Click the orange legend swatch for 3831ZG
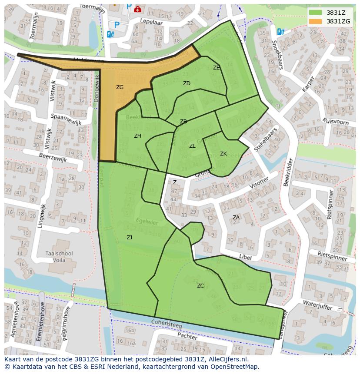[x=316, y=21]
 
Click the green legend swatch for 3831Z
[x=316, y=13]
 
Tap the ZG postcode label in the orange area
[x=120, y=87]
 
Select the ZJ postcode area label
[x=129, y=237]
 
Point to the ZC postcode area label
[x=200, y=285]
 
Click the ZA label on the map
[x=236, y=217]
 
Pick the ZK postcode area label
[x=223, y=154]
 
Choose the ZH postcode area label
[x=137, y=136]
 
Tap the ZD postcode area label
[x=187, y=83]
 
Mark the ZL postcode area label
[x=192, y=146]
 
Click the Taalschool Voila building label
[x=62, y=257]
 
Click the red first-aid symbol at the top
[x=138, y=8]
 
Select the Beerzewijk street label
[x=53, y=157]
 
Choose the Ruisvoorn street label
[x=335, y=121]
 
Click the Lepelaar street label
[x=150, y=21]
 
